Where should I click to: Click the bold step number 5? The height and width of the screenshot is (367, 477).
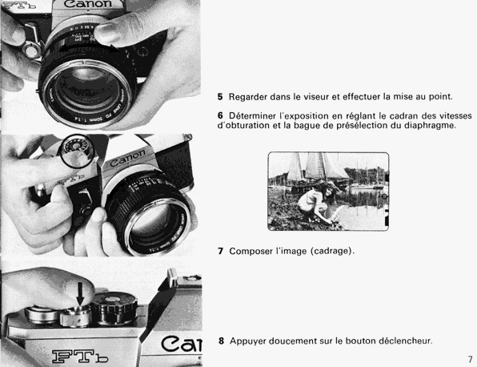[220, 97]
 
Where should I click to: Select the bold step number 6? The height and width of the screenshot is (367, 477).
[220, 115]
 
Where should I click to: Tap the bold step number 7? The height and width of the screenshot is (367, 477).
[221, 252]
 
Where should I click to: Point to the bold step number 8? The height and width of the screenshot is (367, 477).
[221, 341]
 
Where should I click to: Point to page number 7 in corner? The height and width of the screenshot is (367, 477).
[470, 359]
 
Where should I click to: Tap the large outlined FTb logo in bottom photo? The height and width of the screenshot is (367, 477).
[80, 357]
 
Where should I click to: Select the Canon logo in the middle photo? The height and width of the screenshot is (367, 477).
[128, 158]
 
